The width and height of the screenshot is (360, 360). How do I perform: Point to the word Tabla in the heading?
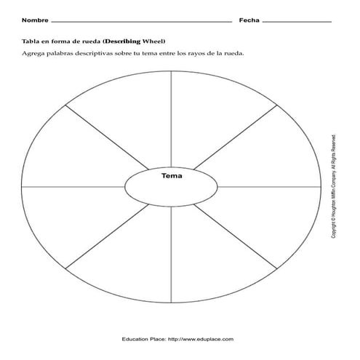click(x=31, y=42)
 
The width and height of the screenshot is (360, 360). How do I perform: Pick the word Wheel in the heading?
click(x=155, y=42)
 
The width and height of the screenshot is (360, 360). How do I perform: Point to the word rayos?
click(x=206, y=55)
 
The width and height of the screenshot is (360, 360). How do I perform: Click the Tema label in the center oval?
click(x=172, y=176)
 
